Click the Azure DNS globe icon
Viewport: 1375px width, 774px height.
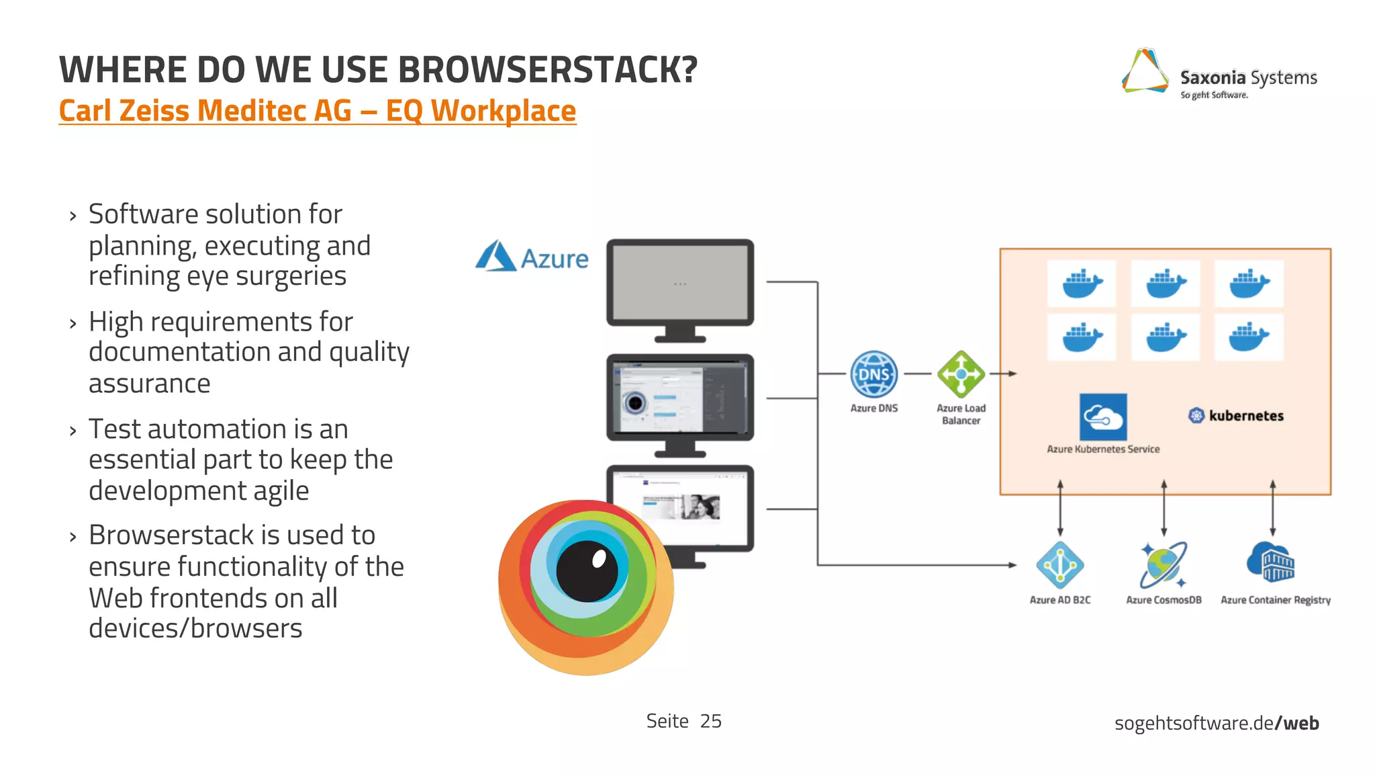(x=873, y=374)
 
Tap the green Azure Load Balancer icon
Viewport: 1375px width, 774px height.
(x=961, y=374)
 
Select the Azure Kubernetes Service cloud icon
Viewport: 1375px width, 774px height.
(x=1103, y=417)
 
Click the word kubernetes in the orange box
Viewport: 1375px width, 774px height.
(x=1246, y=416)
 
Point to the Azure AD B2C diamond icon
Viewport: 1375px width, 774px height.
(x=1059, y=565)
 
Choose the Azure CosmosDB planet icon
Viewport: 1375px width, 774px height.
(x=1164, y=565)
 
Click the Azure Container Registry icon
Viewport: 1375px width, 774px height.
(x=1271, y=563)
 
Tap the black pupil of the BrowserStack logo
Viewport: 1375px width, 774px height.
(x=587, y=571)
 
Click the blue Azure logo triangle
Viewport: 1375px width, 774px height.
(x=495, y=257)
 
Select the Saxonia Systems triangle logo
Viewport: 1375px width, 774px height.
(x=1145, y=72)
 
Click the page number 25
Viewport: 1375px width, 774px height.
(x=710, y=721)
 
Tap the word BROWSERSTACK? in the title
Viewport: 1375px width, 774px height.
(x=549, y=70)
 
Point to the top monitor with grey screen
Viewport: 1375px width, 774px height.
(x=679, y=284)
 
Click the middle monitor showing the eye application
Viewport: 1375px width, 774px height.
(x=679, y=398)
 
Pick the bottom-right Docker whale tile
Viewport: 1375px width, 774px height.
(x=1248, y=337)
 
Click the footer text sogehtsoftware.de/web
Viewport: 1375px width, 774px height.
(x=1216, y=724)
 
